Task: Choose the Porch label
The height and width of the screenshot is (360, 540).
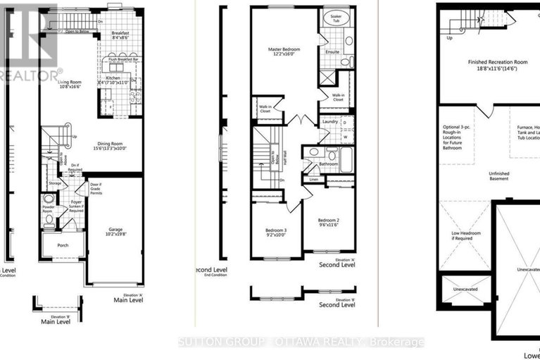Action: click(x=63, y=247)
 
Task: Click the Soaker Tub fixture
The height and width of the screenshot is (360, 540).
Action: click(x=330, y=18)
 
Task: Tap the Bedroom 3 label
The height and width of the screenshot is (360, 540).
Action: click(x=276, y=233)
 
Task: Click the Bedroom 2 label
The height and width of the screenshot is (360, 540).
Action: click(x=328, y=223)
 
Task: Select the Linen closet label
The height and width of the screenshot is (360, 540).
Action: click(x=313, y=180)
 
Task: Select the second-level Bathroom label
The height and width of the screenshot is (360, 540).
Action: click(x=328, y=164)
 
